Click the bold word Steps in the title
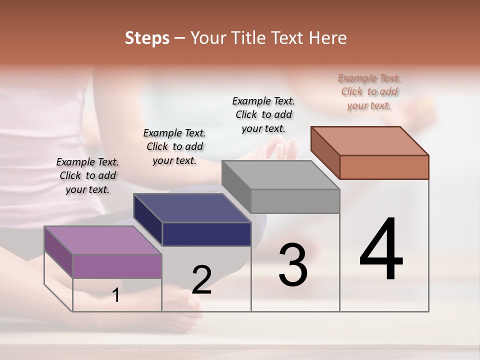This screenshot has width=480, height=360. (x=147, y=38)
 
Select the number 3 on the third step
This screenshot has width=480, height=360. (x=293, y=265)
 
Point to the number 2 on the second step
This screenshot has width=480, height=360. (x=202, y=280)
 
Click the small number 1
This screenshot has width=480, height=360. (x=116, y=295)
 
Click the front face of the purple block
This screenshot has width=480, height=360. (x=117, y=265)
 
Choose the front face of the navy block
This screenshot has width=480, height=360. (x=206, y=234)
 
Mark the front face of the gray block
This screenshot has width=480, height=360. (x=295, y=201)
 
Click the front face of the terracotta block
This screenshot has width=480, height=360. (x=384, y=167)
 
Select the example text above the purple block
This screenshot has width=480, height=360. (x=87, y=175)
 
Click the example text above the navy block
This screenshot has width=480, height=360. (x=174, y=146)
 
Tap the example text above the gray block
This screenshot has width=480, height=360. (x=263, y=114)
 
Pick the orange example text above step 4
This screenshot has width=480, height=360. (x=369, y=91)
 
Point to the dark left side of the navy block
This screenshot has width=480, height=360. (x=148, y=219)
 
